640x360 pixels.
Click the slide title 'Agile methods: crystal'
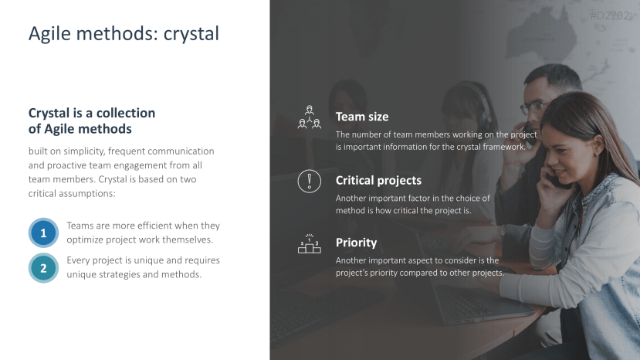124,34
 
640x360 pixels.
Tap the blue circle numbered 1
43,233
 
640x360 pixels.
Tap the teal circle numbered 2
43,268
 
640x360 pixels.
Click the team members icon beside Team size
310,117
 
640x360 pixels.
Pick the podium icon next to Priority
310,243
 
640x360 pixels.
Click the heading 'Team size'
362,117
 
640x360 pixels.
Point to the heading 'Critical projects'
378,181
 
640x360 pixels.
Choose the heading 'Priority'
356,243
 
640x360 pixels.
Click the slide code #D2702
609,15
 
